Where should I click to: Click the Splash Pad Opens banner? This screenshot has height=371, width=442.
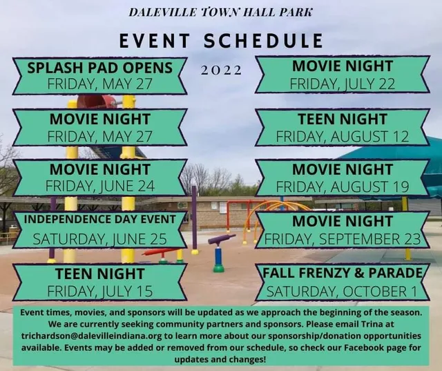(x=99, y=76)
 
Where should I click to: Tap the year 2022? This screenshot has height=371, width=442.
(x=221, y=70)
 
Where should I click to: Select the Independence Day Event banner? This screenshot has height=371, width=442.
(x=99, y=230)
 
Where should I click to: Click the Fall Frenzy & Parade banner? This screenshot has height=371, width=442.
(x=343, y=281)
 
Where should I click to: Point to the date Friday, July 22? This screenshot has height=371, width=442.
(x=343, y=84)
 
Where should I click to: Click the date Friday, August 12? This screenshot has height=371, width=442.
(x=343, y=136)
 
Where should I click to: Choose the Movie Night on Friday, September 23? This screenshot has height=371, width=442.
(x=343, y=230)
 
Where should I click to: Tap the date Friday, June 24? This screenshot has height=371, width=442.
(x=99, y=187)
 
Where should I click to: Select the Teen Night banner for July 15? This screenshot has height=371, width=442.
(x=99, y=282)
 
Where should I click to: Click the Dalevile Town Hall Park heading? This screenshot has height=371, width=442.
(x=220, y=12)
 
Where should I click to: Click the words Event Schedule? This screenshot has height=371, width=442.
(x=221, y=41)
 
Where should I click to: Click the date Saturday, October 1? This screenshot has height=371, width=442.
(x=343, y=291)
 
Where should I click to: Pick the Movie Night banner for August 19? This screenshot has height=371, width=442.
(x=343, y=178)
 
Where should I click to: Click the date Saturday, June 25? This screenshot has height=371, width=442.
(x=99, y=239)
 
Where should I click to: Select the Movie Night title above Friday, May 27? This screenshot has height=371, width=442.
(x=99, y=119)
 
